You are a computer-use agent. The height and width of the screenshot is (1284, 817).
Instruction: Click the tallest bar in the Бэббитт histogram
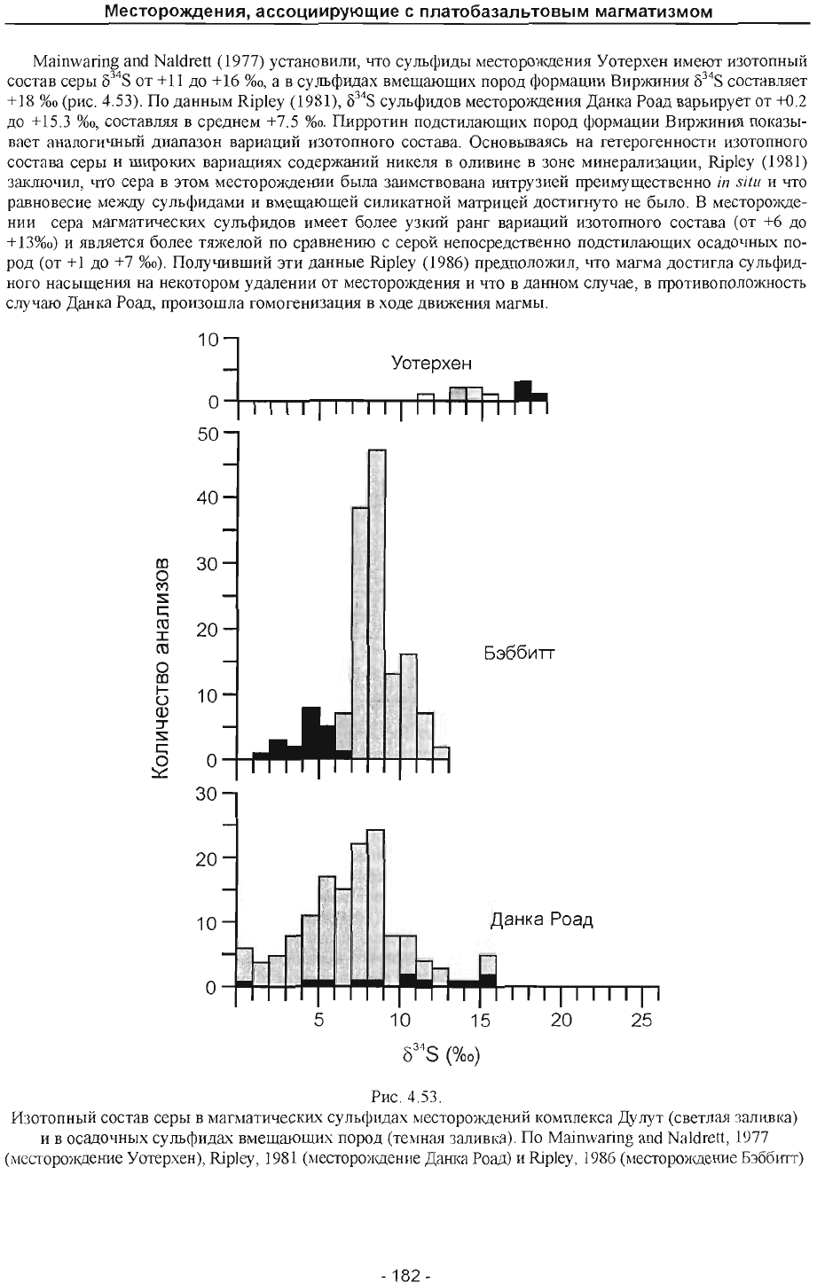[377, 605]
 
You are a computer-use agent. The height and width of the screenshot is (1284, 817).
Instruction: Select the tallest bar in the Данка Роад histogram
[375, 909]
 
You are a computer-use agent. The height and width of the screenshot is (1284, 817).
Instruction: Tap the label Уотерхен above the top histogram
[432, 363]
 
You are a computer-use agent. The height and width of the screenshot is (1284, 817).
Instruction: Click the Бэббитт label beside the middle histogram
[520, 654]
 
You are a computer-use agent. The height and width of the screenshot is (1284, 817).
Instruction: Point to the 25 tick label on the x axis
[641, 1020]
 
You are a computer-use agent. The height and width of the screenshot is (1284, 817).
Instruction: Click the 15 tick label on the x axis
[480, 1020]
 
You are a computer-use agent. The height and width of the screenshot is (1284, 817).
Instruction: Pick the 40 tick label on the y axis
[208, 497]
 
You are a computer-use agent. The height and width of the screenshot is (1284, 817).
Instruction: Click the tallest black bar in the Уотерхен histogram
[522, 390]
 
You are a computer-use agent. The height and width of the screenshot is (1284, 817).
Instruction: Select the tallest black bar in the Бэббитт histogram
[311, 733]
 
